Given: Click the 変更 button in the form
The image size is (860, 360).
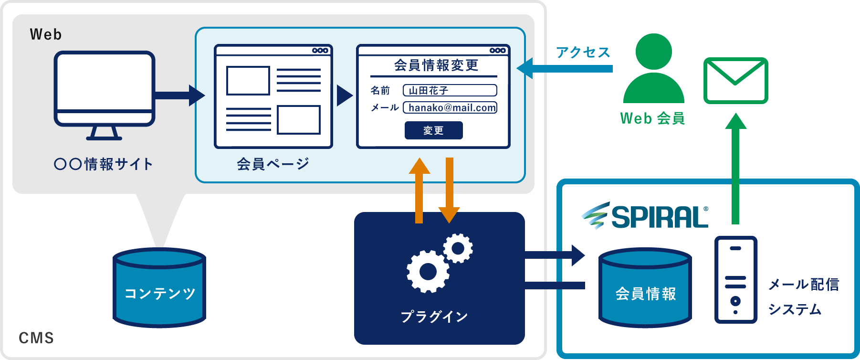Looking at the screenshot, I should (433, 130).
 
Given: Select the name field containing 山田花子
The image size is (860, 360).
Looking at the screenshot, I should (450, 90).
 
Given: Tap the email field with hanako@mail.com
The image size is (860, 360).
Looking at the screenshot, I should (450, 107).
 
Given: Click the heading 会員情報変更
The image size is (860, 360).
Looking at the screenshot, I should (436, 65).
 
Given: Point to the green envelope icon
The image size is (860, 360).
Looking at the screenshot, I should (735, 80).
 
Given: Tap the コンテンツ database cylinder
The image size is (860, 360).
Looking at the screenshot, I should (159, 288).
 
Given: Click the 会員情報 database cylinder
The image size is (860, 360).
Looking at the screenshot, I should (645, 288).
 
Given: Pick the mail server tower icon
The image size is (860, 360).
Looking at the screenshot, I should (735, 280).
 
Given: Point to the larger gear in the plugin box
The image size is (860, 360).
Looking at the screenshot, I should (428, 272).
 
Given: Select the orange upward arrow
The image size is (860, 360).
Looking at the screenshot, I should (419, 191).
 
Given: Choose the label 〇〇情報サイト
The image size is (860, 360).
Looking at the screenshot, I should (104, 164).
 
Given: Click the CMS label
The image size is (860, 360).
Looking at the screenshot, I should (36, 338).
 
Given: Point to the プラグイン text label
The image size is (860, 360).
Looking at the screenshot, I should (434, 317).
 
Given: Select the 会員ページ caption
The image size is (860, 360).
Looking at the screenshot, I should (273, 164).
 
